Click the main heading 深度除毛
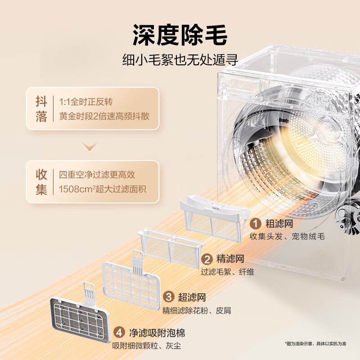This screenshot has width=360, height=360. pos(180,35)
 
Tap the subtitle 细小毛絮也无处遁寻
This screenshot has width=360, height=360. pos(180,60)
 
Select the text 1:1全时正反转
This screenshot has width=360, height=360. pos(86,102)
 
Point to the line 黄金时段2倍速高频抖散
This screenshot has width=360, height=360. pos(104,116)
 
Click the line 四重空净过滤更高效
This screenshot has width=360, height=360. pos(97,175)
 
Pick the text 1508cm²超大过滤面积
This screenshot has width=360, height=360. pos(103,189)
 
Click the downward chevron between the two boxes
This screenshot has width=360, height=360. pos(90,146)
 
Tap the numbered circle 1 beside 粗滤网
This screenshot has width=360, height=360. pos(256,224)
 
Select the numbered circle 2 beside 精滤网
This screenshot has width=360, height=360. pos(207,259)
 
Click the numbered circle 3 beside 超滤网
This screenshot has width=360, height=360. pos(169,297)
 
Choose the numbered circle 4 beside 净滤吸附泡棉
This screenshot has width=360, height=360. pos(119,333)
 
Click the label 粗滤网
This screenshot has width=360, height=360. pos(279,224)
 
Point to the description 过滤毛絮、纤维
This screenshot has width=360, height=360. pos(228,272)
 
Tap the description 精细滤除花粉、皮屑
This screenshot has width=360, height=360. pos(197,310)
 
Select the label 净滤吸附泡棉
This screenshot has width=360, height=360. pos(157,333)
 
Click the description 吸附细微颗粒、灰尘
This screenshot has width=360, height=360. pos(147,346)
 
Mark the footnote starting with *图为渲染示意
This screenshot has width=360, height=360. pos(315,344)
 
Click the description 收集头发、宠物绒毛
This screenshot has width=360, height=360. pos(287,236)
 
